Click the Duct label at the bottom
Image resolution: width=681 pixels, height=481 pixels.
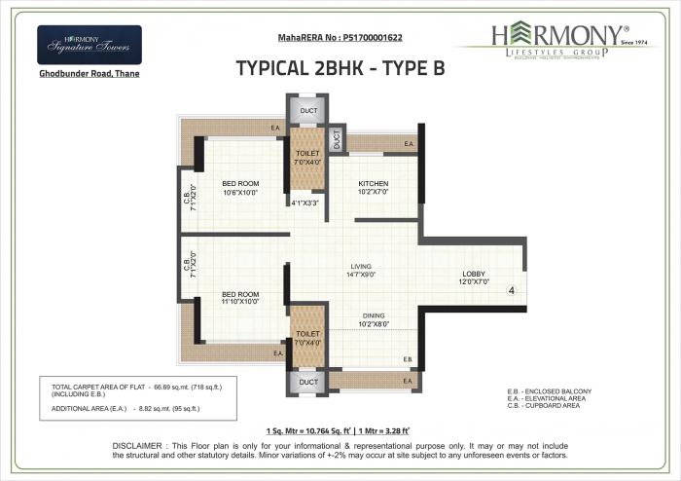(307, 382)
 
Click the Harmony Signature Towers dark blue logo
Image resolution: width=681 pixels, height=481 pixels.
(89, 45)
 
